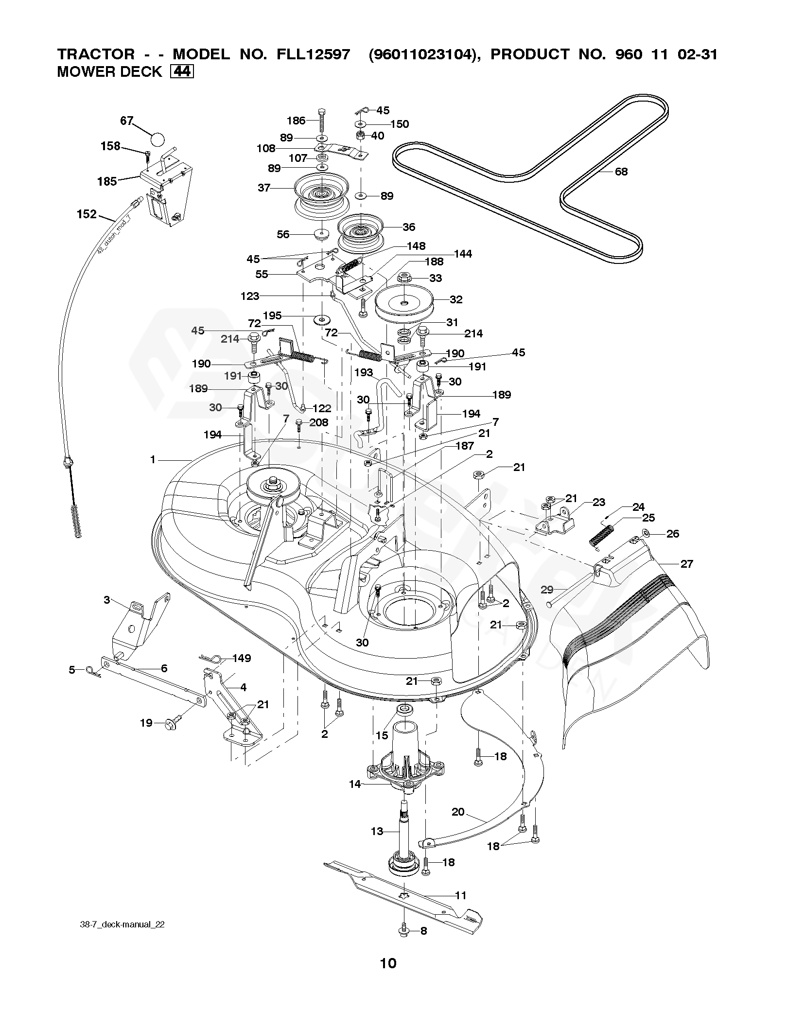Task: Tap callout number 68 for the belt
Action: point(621,172)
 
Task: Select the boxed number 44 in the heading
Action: point(182,71)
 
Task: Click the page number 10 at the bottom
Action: point(388,976)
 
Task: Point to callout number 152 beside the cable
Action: point(87,214)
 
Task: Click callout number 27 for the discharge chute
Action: point(686,564)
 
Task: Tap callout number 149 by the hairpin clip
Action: point(242,658)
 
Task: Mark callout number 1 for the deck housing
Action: point(153,459)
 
